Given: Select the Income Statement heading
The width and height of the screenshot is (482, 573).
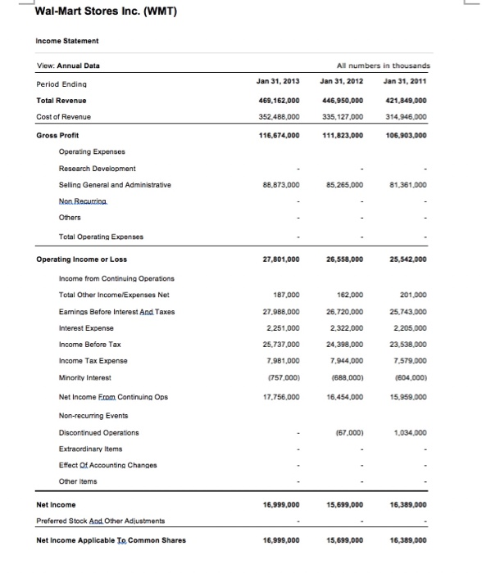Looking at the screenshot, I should click(67, 40).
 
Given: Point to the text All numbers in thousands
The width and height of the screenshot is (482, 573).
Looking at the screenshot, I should click(384, 65).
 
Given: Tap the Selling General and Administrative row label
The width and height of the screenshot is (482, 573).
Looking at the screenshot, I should click(115, 185).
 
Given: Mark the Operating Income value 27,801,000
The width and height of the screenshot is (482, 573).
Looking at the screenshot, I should click(276, 259).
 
